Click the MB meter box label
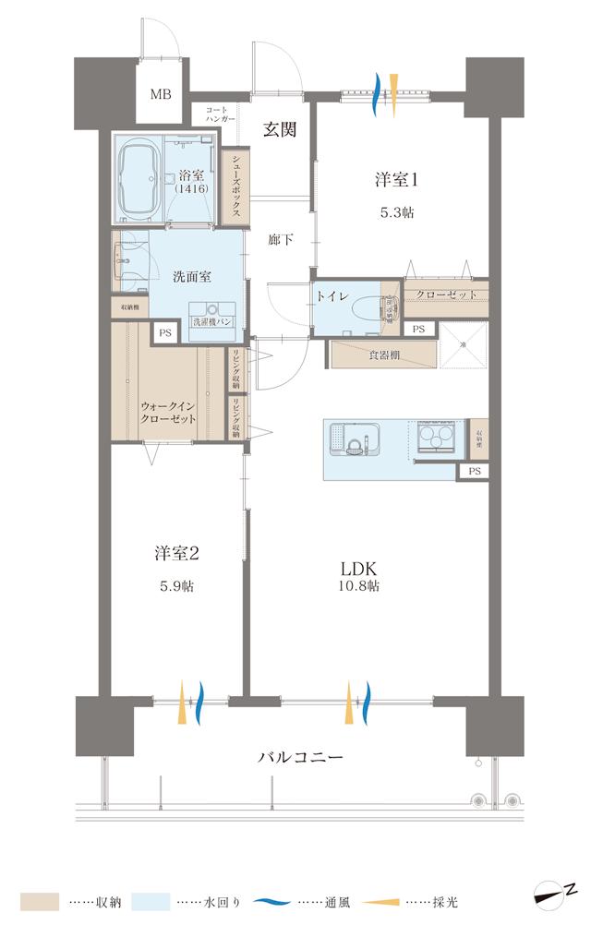162,95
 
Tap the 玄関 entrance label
277,130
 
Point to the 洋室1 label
396,181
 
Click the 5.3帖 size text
396,212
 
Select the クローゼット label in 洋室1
446,294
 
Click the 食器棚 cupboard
382,354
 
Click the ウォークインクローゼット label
168,412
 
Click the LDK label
359,567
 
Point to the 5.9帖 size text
175,586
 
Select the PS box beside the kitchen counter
475,471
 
